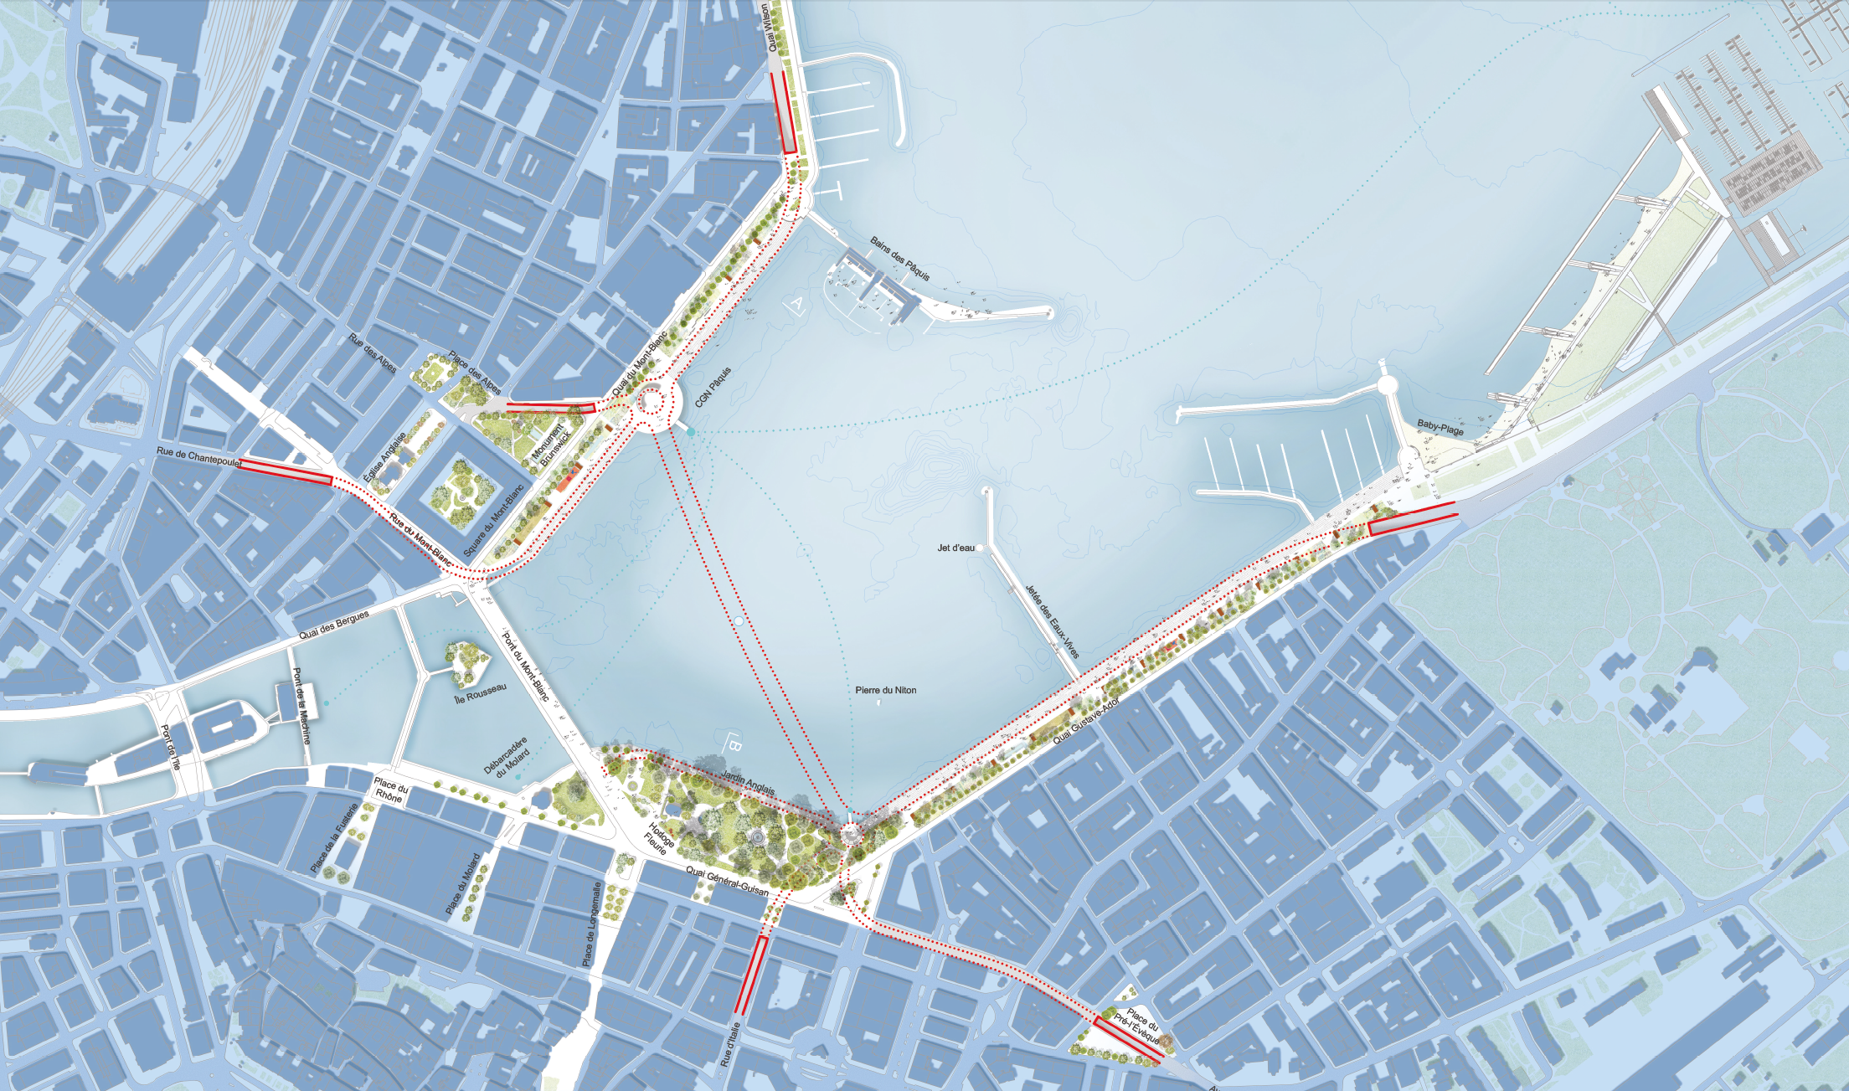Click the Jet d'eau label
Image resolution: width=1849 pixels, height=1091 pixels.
tap(955, 548)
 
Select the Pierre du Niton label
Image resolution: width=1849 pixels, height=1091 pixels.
tap(885, 690)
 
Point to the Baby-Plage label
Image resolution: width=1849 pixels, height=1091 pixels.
tap(1440, 428)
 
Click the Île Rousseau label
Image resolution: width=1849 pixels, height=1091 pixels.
tap(480, 693)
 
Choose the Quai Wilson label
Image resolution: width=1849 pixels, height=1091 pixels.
tap(773, 28)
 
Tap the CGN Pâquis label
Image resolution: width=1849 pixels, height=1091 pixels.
tap(713, 386)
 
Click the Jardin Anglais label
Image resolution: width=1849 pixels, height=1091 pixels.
tap(748, 782)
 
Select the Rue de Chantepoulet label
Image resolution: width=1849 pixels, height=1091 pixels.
tap(198, 456)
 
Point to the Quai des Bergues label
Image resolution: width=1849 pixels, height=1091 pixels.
tap(334, 625)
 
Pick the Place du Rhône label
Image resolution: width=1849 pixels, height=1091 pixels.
tap(390, 791)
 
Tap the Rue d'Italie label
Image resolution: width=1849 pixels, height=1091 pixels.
tap(729, 1044)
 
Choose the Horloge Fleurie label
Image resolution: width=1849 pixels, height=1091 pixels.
tap(660, 838)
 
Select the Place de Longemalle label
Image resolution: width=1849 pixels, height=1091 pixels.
tap(591, 924)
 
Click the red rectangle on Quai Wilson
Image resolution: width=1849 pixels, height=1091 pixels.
tap(787, 112)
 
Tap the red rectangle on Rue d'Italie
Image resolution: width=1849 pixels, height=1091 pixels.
tap(751, 975)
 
